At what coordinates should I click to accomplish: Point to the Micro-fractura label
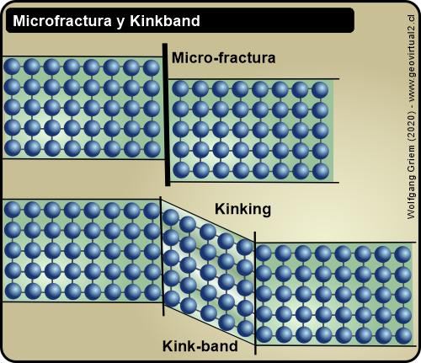pos(223,59)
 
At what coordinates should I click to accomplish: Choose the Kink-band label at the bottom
pos(200,345)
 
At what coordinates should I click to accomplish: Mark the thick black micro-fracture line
pos(167,114)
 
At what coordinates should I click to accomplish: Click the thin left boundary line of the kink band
pos(162,253)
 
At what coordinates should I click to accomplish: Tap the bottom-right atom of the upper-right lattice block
pos(320,170)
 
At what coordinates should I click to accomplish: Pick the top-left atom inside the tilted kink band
pos(171,218)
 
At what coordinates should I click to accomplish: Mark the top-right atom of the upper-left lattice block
pos(151,67)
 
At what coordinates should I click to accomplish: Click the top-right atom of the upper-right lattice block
pos(320,88)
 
